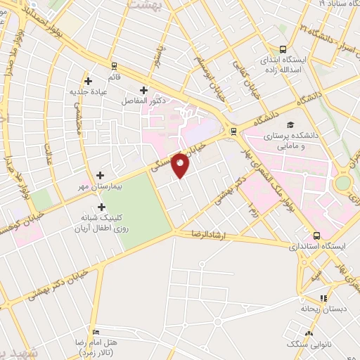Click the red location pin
click(181, 165)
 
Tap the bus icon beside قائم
click(114, 65)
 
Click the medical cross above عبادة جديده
click(88, 81)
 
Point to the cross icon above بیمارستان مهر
click(100, 175)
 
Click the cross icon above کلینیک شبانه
click(103, 207)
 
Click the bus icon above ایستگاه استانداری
click(316, 236)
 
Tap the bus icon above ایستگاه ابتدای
click(283, 49)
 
